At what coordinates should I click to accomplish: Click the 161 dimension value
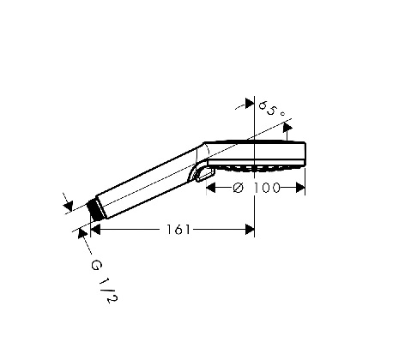click(x=178, y=230)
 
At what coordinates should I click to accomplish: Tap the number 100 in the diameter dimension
click(x=267, y=188)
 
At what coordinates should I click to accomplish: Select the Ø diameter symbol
click(x=238, y=188)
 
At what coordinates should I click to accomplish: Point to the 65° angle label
click(x=272, y=109)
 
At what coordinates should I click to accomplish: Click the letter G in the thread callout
click(x=96, y=266)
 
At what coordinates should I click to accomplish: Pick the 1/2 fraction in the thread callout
click(x=108, y=290)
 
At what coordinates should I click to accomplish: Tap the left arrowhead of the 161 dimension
click(x=95, y=230)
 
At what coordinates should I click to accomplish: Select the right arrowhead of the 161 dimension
click(x=250, y=230)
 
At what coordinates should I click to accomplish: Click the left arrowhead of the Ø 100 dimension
click(x=211, y=188)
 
